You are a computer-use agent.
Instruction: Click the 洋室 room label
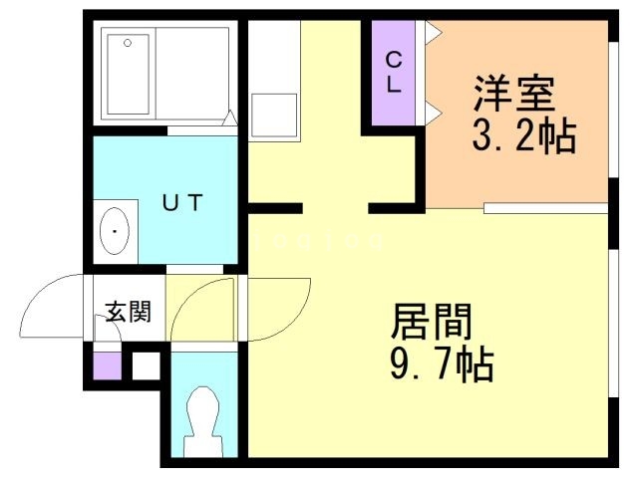pyautogui.click(x=514, y=97)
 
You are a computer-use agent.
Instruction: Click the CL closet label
pyautogui.click(x=395, y=73)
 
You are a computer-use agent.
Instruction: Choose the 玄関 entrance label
pyautogui.click(x=129, y=313)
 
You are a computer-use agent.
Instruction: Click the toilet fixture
pyautogui.click(x=203, y=418)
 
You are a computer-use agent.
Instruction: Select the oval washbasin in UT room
pyautogui.click(x=118, y=233)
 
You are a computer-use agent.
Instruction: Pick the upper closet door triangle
pyautogui.click(x=432, y=33)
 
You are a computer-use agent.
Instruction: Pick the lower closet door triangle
pyautogui.click(x=432, y=110)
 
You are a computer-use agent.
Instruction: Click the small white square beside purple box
pyautogui.click(x=143, y=364)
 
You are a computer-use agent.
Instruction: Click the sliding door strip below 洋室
pyautogui.click(x=546, y=208)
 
